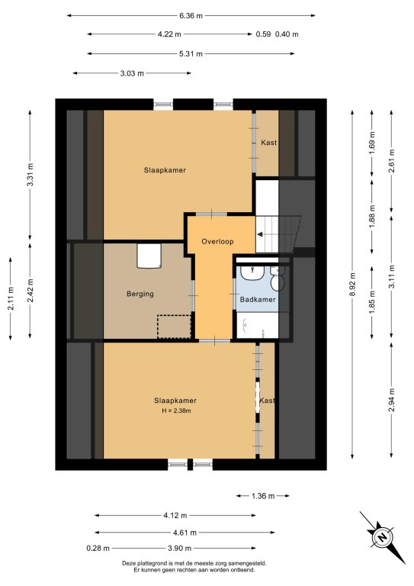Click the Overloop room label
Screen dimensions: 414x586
point(217,241)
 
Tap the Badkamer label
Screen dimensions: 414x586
point(258,299)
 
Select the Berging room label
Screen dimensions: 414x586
point(140,294)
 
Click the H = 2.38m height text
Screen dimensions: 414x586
point(176,411)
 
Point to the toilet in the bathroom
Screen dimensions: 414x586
point(278,279)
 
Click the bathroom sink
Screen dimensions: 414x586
point(252,272)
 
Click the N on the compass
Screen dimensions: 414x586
point(382,537)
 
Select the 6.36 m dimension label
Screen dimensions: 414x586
point(191,16)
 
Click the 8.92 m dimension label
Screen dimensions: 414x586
point(352,285)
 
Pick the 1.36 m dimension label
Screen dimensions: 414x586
point(263,496)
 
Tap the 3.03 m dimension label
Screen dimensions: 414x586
point(132,73)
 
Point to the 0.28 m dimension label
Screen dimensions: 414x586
point(98,549)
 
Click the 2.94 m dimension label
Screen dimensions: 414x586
point(391,400)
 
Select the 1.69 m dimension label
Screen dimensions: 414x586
point(372,143)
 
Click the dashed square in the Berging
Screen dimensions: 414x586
point(174,327)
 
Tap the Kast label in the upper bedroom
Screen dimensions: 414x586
point(269,143)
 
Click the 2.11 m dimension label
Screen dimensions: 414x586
point(11,298)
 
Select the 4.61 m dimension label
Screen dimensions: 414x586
point(185,533)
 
